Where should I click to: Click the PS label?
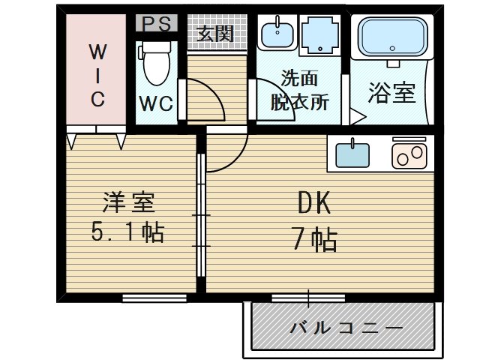156,22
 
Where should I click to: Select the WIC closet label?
97,75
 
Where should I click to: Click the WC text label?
155,103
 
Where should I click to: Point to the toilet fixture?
157,63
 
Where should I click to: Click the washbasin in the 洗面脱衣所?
277,32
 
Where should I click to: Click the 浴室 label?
391,93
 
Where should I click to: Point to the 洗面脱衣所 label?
299,90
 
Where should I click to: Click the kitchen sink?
352,154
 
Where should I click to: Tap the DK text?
314,202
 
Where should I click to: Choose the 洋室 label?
129,202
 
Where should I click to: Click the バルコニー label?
346,328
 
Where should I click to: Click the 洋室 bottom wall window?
154,298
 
